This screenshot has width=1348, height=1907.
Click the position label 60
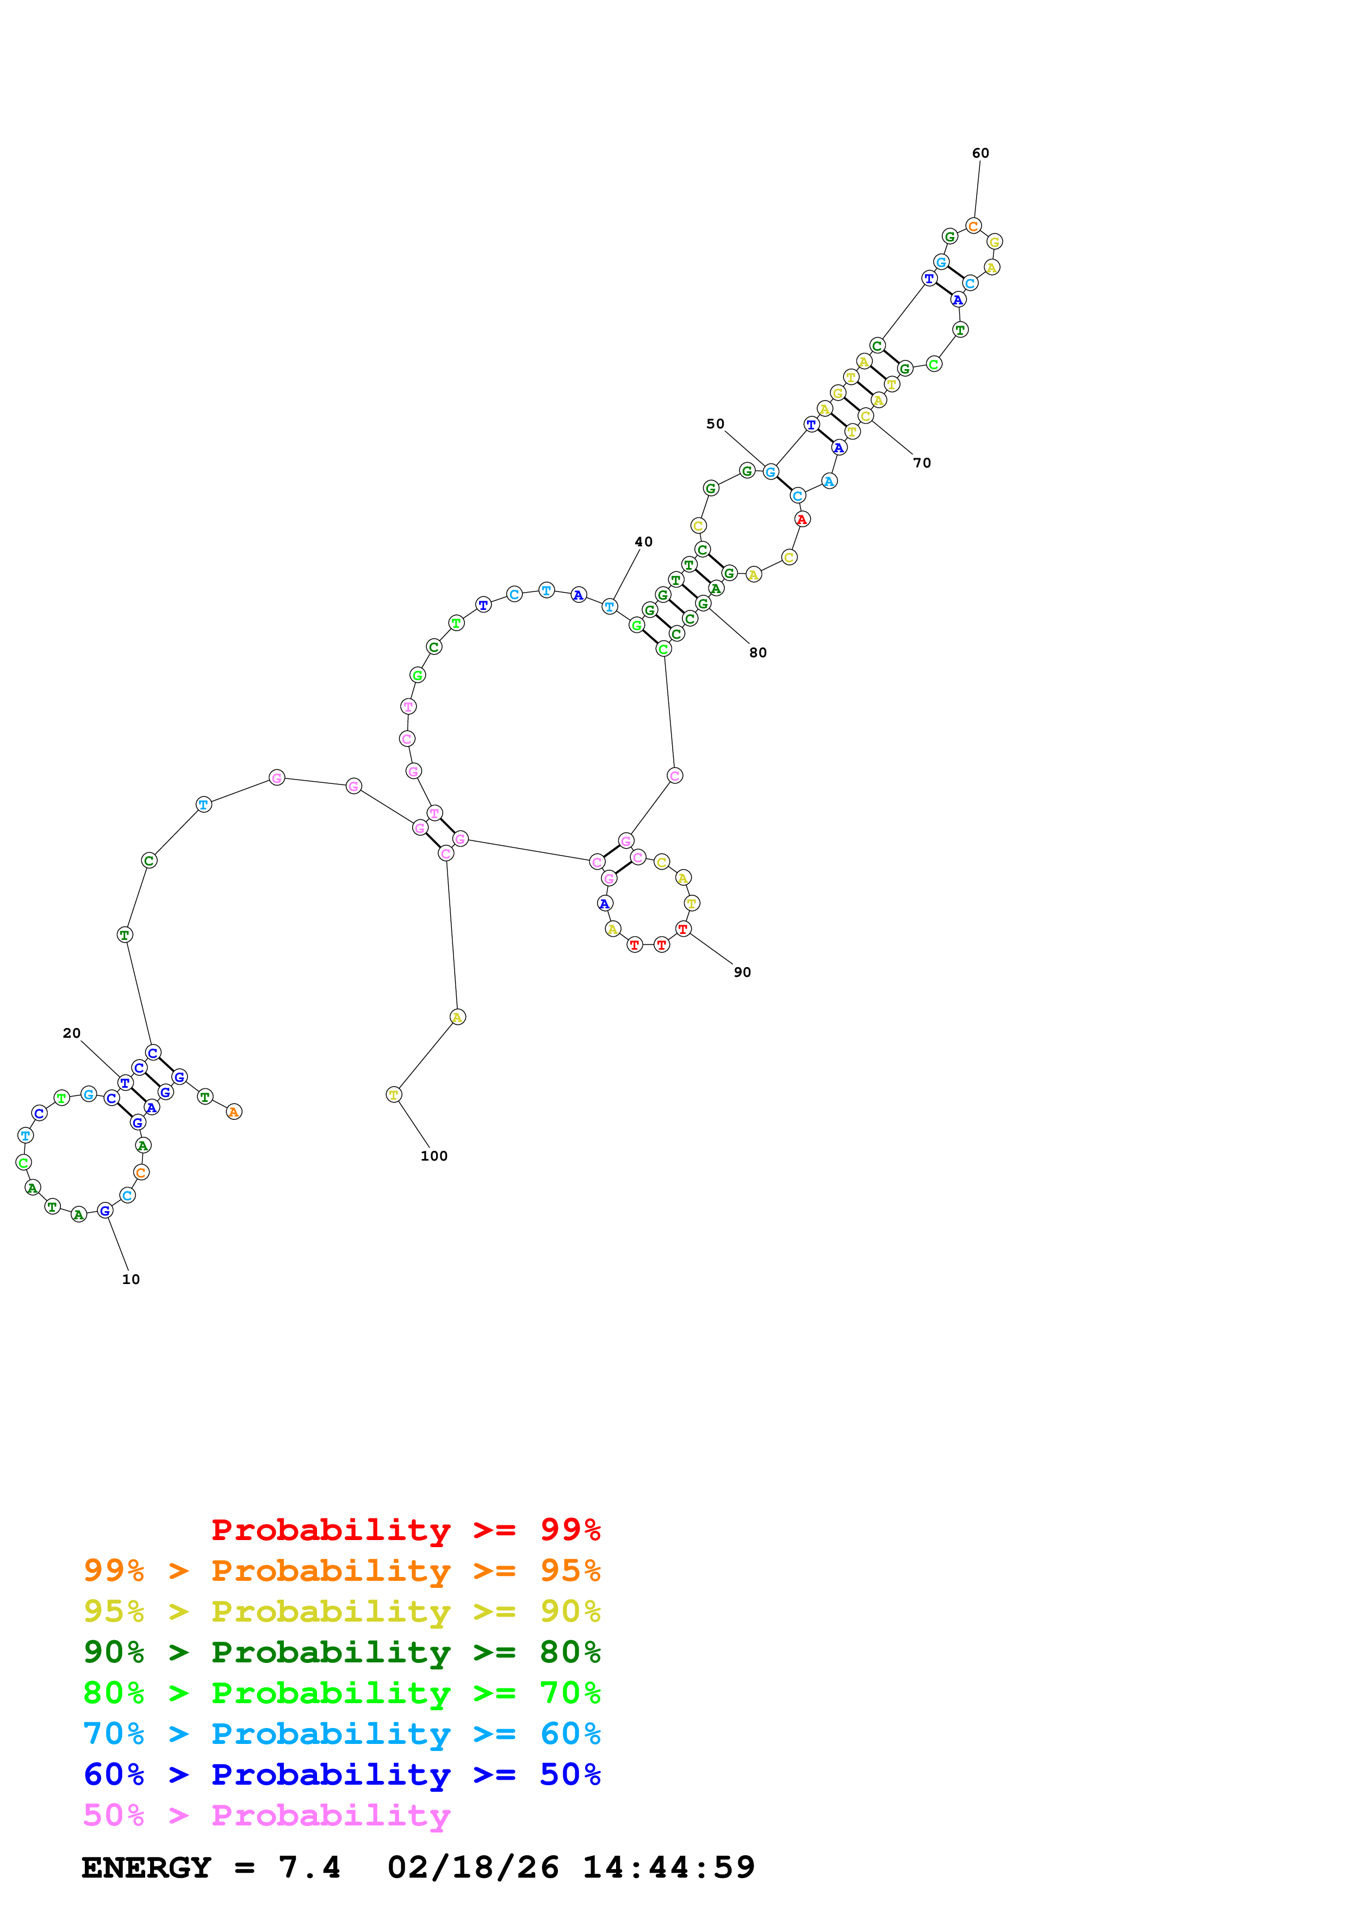pyautogui.click(x=980, y=153)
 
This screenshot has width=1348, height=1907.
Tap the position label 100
pyautogui.click(x=433, y=1155)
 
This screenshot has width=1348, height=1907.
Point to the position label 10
pyautogui.click(x=131, y=1279)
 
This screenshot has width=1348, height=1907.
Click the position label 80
pyautogui.click(x=757, y=653)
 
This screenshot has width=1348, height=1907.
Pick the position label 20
pyautogui.click(x=71, y=1033)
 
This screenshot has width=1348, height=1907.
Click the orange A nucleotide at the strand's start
pyautogui.click(x=234, y=1111)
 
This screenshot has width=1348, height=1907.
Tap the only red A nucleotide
pyautogui.click(x=802, y=519)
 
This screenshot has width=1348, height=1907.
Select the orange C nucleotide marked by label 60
pyautogui.click(x=973, y=226)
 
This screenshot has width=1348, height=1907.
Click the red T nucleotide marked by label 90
pyautogui.click(x=683, y=928)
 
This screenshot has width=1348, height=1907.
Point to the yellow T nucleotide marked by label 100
pyautogui.click(x=394, y=1095)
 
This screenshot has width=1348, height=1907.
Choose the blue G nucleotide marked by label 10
pyautogui.click(x=104, y=1210)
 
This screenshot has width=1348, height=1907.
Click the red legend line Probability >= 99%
pyautogui.click(x=405, y=1529)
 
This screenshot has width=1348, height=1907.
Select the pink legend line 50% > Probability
pyautogui.click(x=266, y=1815)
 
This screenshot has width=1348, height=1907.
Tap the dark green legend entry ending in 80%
pyautogui.click(x=341, y=1652)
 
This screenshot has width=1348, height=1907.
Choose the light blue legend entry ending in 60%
pyautogui.click(x=341, y=1734)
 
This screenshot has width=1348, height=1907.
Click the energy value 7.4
pyautogui.click(x=309, y=1867)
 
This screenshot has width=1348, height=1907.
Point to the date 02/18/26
pyautogui.click(x=473, y=1867)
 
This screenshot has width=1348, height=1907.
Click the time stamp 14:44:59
pyautogui.click(x=669, y=1867)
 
